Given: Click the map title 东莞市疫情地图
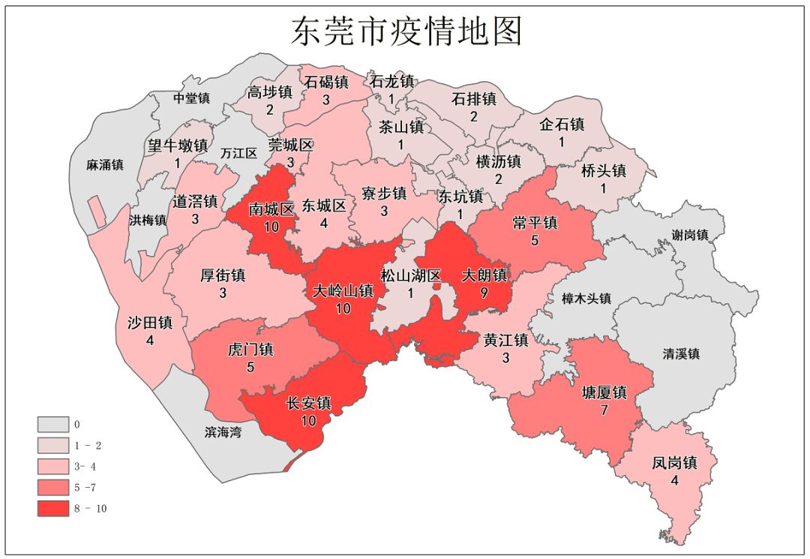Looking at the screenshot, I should (406, 32).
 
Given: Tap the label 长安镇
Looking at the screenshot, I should (308, 404).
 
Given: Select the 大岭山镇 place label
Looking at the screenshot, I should (343, 291).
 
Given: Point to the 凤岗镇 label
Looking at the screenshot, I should (674, 463).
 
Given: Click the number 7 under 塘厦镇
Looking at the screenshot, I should (604, 410).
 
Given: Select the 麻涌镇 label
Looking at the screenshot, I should (105, 165).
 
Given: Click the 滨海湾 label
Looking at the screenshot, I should (223, 432).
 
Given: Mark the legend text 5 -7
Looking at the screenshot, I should (85, 488).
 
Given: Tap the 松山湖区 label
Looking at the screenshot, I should (410, 275).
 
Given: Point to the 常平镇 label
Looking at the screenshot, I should (535, 224).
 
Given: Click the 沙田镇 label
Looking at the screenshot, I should (150, 323).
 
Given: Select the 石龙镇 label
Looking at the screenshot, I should (391, 81).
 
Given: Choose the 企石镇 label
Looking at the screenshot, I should (562, 125).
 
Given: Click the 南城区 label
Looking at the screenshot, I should (271, 209).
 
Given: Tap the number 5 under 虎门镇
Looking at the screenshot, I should (250, 368).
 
